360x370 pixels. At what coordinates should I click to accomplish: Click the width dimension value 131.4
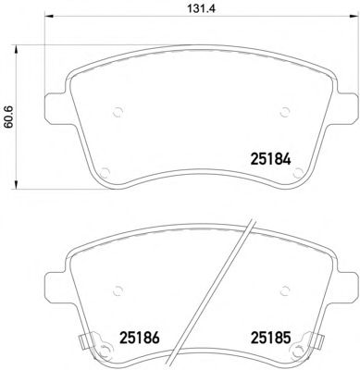pos(201,8)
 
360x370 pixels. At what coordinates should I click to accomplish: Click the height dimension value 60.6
pos(8,117)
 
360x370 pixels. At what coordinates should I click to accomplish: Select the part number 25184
pos(271,159)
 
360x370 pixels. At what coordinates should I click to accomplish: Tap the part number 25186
pos(139,338)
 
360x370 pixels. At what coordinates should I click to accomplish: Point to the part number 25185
pos(271,338)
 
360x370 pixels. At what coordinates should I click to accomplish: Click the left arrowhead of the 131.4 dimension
pos(50,16)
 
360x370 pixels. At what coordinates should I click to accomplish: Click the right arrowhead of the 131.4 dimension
pos(353,16)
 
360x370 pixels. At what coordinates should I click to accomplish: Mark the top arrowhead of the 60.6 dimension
pos(15,49)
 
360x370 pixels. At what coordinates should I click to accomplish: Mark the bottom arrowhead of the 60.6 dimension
pos(15,184)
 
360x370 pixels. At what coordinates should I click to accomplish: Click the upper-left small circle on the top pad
pos(118,112)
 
